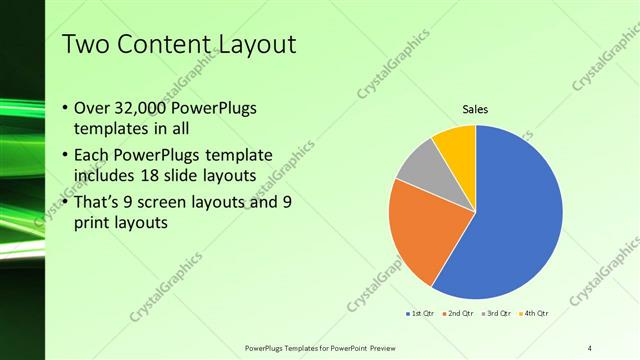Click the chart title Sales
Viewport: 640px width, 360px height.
[x=475, y=110]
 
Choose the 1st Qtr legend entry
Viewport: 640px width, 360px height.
[x=420, y=313]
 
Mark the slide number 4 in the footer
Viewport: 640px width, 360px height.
[x=590, y=347]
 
